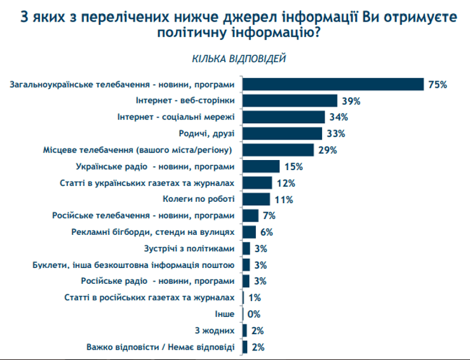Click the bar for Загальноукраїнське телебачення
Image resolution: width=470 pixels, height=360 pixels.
tap(333, 84)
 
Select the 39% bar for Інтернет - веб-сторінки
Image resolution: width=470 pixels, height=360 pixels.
tap(290, 100)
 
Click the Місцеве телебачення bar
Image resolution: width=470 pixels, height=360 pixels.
tap(278, 150)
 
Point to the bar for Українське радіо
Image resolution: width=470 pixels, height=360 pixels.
tap(261, 166)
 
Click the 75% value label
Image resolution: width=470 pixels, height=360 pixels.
tap(438, 84)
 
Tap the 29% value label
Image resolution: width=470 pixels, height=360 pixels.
tap(327, 150)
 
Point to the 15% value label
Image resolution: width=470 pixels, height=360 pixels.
tap(293, 167)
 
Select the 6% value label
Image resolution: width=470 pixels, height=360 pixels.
tap(266, 232)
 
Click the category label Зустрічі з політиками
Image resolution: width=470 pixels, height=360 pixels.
tap(191, 248)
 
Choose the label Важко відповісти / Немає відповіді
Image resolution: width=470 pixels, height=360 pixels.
tap(160, 347)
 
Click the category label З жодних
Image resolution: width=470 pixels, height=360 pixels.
tap(217, 331)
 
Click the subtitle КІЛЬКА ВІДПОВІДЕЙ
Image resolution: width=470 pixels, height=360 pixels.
tap(239, 59)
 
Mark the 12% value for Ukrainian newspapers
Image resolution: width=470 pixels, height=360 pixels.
tap(286, 183)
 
